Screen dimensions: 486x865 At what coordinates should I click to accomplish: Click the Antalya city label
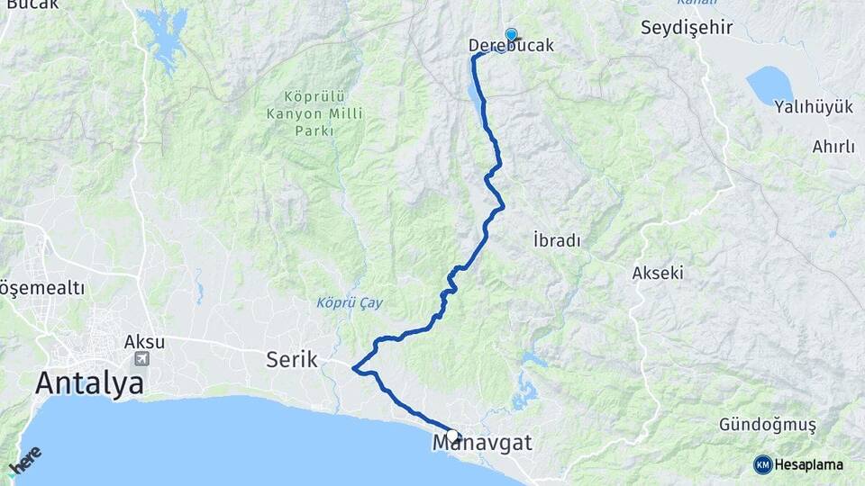coord(89,384)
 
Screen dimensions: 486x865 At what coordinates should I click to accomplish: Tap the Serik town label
coord(292,360)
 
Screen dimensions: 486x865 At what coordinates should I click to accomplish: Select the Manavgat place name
coord(482,443)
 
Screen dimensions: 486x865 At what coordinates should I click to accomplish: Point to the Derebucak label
coord(511,45)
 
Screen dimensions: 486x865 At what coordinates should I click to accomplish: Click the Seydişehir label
coord(687,27)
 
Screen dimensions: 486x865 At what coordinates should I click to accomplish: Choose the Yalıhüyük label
coord(813,107)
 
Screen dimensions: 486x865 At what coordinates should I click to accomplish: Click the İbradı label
coord(556,240)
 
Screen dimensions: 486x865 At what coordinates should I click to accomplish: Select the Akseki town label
coord(658,272)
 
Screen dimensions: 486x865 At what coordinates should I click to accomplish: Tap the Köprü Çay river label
coord(350,302)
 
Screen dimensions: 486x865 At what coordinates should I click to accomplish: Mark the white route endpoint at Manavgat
coord(452,436)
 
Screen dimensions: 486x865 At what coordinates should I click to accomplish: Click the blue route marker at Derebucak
coord(511,35)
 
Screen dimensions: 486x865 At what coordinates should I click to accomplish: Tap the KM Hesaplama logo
coord(798,464)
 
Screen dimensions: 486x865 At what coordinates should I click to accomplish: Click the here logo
coord(25,463)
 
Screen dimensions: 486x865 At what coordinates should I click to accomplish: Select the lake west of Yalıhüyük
coord(769,85)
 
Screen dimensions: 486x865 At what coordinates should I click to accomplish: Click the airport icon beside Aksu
coord(142,358)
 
